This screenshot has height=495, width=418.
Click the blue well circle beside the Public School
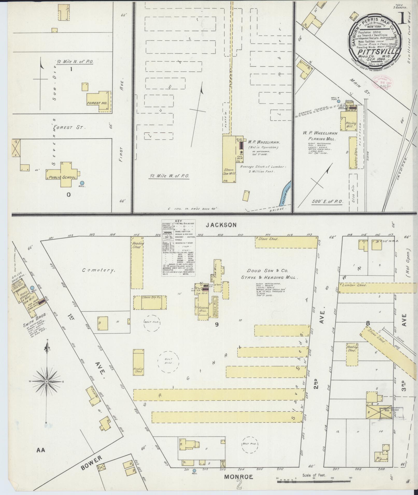pos(82,183)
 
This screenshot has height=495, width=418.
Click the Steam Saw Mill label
pos(229,171)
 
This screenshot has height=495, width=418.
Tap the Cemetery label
pos(98,270)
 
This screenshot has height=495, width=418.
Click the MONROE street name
pos(238,477)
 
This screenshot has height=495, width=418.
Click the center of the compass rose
pos(47,381)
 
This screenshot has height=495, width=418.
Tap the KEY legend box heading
pos(179,221)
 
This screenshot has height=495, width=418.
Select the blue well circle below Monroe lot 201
pos(194,471)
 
